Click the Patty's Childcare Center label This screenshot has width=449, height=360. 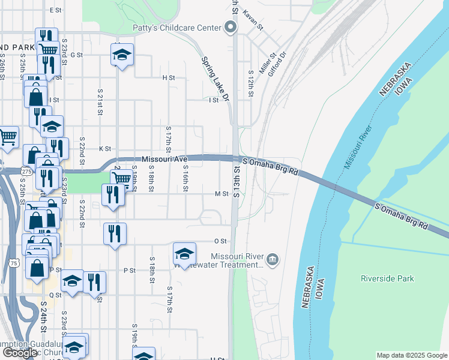click(x=177, y=28)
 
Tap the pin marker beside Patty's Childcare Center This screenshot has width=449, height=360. click(x=230, y=27)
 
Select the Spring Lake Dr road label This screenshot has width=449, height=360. click(x=215, y=80)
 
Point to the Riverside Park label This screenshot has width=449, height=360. click(x=387, y=278)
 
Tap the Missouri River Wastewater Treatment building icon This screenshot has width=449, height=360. click(x=273, y=259)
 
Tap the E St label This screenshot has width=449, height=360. click(x=56, y=10)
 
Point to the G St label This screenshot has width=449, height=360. click(x=76, y=55)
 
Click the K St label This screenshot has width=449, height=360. click(x=106, y=148)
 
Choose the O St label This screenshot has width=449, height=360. click(x=220, y=241)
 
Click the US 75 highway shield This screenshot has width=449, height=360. click(x=14, y=263)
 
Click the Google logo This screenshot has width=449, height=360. click(x=19, y=352)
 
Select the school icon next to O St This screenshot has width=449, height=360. click(x=185, y=253)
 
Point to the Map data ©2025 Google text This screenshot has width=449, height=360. click(x=411, y=355)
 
